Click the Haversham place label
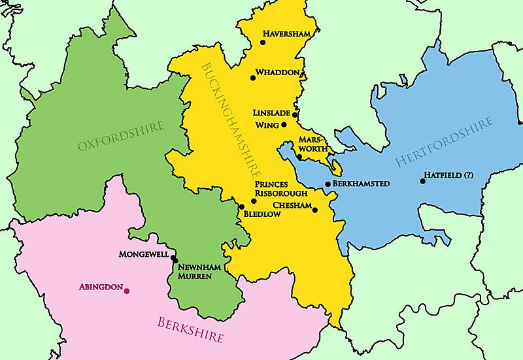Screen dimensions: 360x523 286,34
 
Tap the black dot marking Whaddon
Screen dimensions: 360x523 253,78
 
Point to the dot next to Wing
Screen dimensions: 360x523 284,125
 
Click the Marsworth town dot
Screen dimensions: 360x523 299,157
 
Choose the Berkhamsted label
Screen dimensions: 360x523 361,184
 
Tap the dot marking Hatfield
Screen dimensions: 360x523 422,181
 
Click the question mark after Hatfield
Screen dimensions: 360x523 468,176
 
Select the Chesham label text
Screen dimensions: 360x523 291,205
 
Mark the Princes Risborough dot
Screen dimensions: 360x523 254,201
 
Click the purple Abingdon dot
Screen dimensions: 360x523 127,291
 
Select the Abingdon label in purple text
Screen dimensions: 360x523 100,287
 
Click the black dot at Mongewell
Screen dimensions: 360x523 174,260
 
